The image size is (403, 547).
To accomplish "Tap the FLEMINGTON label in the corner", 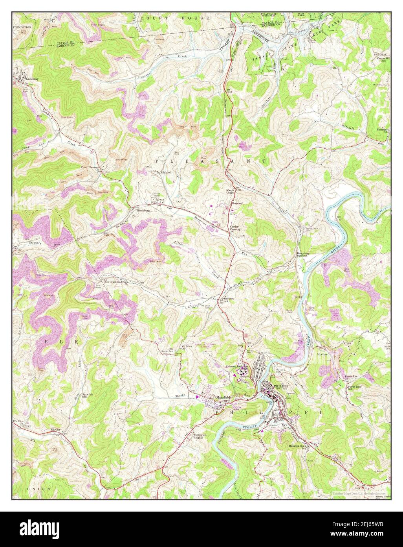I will pos(22,27).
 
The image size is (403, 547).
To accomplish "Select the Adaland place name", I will pos(165,172).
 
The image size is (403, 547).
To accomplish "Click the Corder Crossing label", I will pos(235,228).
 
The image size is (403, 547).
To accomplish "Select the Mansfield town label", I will pos(222,397).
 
